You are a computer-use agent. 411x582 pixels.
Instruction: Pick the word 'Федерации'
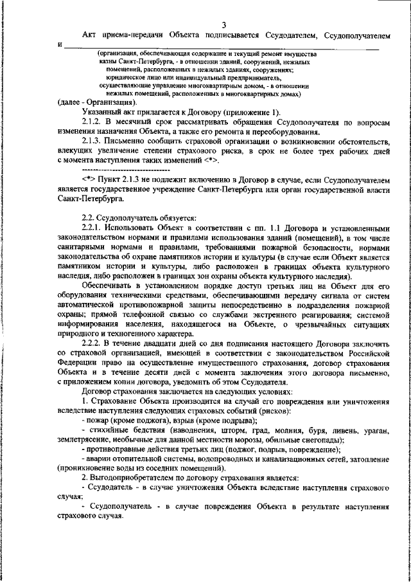[x=76, y=364]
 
